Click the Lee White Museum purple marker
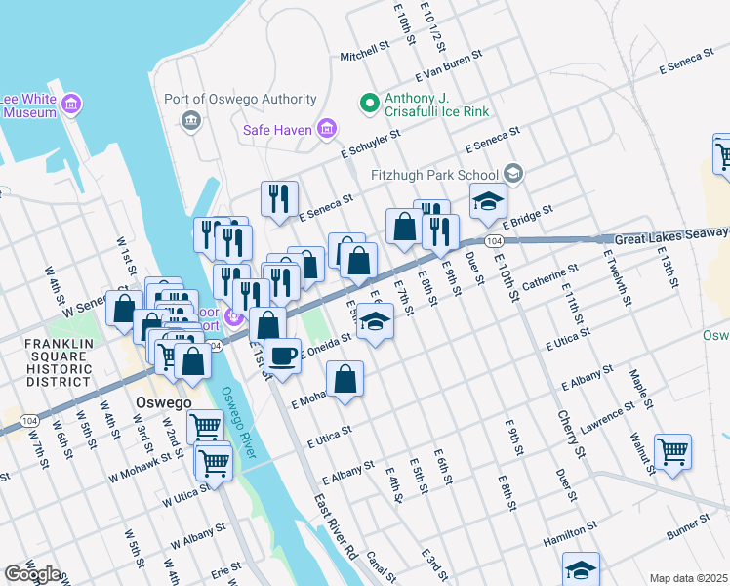(70, 104)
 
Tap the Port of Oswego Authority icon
(191, 120)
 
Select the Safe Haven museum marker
(327, 130)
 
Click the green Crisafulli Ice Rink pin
(370, 101)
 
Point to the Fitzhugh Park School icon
(515, 175)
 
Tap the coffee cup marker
(282, 356)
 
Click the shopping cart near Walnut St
(672, 451)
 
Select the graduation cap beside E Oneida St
(373, 322)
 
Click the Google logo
(31, 574)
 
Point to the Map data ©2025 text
(688, 578)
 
